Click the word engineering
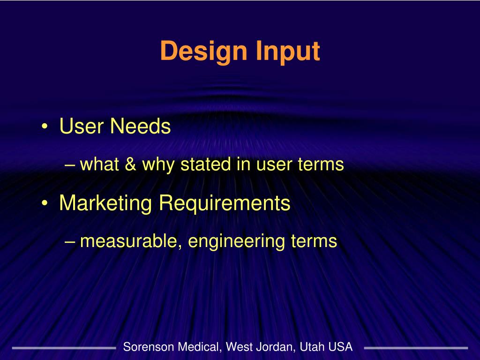click(x=237, y=242)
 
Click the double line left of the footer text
click(x=64, y=348)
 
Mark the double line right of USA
click(x=416, y=348)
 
